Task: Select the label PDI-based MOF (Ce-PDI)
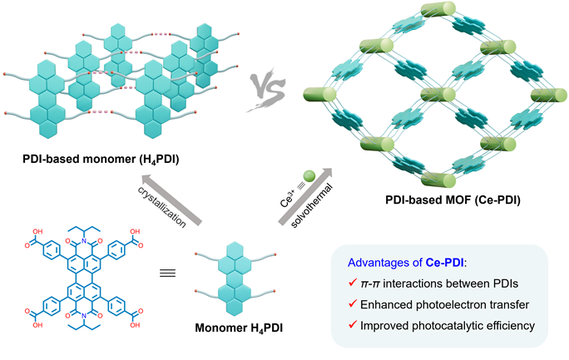[x=424, y=203]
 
